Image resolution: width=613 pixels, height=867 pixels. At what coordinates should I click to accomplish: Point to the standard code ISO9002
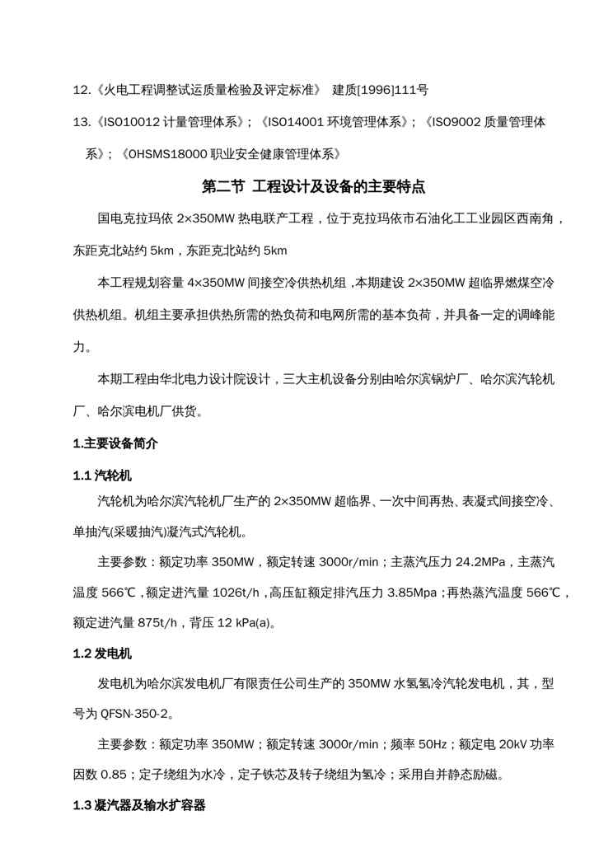pyautogui.click(x=457, y=122)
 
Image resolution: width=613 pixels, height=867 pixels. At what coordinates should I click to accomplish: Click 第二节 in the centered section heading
pyautogui.click(x=223, y=187)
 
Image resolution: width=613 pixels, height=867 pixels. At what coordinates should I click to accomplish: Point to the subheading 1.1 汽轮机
pyautogui.click(x=102, y=476)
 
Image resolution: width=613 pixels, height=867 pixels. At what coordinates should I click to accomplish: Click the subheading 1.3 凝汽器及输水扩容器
pyautogui.click(x=139, y=807)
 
